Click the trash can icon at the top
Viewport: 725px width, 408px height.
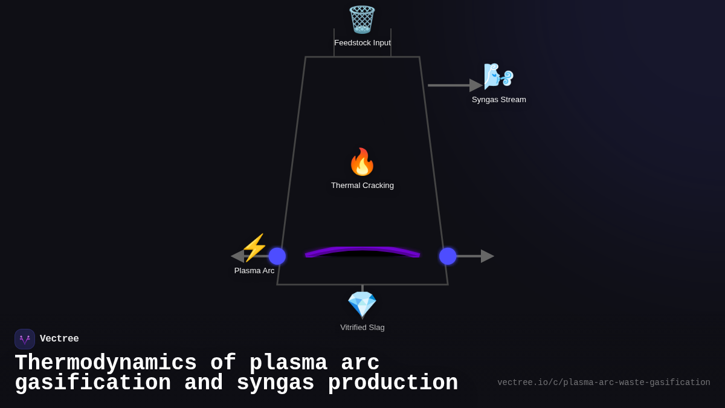362,19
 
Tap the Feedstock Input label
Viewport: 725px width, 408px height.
362,43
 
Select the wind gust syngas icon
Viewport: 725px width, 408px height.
498,77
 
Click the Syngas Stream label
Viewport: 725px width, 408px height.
498,100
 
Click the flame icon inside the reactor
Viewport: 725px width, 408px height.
362,162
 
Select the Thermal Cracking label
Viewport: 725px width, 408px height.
362,186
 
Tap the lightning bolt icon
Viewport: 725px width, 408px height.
254,248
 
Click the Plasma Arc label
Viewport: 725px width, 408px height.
254,271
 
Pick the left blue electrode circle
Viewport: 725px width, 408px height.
277,256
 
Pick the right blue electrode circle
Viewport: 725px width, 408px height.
448,256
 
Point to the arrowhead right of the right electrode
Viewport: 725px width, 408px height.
487,256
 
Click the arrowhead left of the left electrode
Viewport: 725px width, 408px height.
237,256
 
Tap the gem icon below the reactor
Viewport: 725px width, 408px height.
362,305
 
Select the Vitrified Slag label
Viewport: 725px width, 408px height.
362,328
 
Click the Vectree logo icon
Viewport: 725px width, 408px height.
25,339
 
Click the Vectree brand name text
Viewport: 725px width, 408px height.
59,339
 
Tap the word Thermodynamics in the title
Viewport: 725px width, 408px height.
106,363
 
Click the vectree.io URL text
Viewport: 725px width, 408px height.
604,383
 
